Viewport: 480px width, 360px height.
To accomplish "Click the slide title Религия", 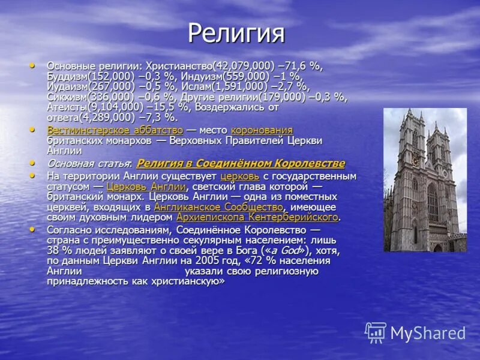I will pos(236,33).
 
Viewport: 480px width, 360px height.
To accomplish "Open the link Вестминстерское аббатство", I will pos(115,130).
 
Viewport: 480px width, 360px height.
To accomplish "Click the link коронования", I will pos(262,130).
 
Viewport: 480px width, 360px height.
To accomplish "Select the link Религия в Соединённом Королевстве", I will pos(241,163).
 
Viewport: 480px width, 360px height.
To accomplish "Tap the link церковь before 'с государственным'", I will pos(240,176).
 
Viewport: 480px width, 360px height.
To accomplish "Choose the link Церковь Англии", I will pos(146,187).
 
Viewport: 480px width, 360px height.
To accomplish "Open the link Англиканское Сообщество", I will pos(218,207).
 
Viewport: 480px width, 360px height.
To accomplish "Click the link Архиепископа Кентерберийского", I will pos(257,217).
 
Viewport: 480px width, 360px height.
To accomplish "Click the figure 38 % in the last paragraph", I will pos(56,250).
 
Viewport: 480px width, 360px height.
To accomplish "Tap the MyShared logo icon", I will pos(376,332).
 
